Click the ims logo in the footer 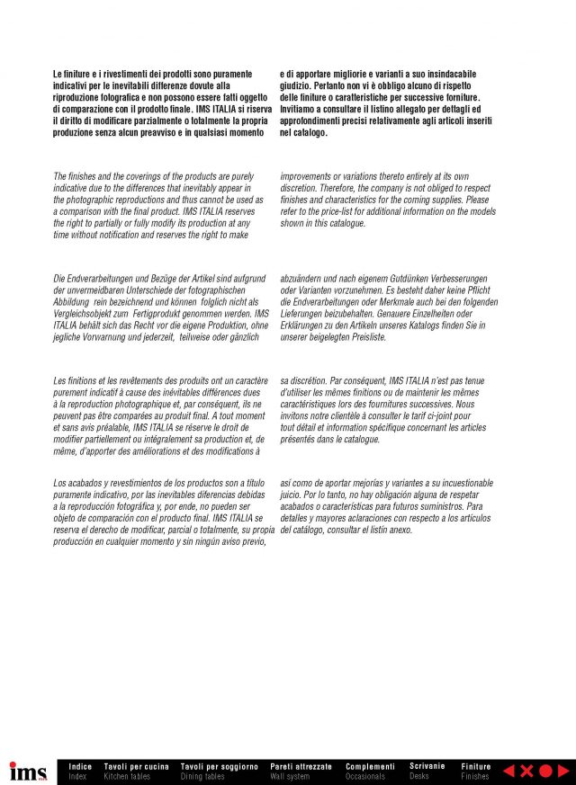coord(27,772)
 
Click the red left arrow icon coord(508,771)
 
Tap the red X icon coord(526,771)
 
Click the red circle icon coord(544,771)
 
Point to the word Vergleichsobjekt coord(85,314)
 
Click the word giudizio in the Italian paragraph coord(295,86)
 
